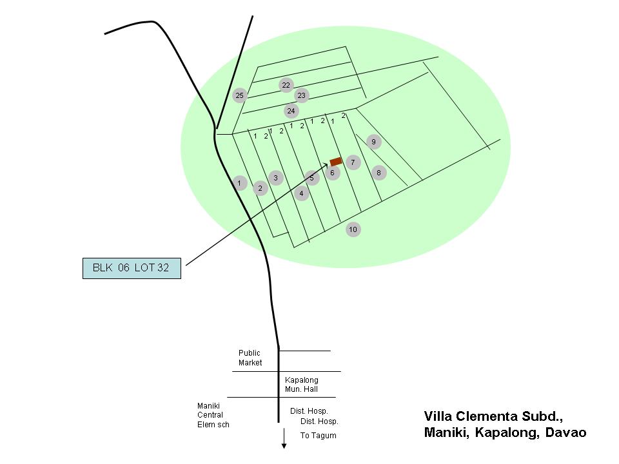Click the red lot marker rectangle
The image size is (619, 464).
click(336, 161)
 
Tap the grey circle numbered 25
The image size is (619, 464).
click(240, 95)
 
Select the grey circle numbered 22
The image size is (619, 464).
click(286, 85)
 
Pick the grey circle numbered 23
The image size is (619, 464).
click(301, 95)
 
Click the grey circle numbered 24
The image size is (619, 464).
click(291, 111)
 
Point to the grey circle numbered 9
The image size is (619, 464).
click(373, 142)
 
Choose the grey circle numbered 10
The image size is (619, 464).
click(353, 229)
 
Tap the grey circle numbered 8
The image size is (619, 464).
click(379, 173)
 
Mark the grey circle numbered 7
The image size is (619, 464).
click(353, 162)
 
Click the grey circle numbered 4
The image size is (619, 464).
click(301, 193)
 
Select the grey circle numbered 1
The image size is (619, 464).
click(239, 183)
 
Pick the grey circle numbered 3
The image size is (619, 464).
click(276, 178)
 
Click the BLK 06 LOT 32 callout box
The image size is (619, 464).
click(132, 268)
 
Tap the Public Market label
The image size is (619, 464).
click(250, 358)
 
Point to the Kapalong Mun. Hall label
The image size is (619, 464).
click(301, 385)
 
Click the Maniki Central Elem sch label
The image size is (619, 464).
click(213, 415)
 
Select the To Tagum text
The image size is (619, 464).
click(318, 436)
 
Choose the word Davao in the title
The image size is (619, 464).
click(564, 432)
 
